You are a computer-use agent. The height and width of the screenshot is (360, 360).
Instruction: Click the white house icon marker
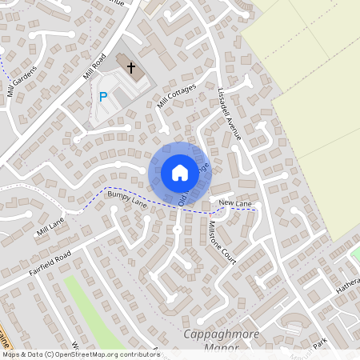coord(180,172)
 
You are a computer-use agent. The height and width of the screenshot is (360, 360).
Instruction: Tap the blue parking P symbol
coord(102,97)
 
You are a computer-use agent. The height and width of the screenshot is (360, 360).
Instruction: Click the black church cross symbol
coord(131,69)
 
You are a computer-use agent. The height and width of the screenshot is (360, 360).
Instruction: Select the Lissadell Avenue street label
coord(230,114)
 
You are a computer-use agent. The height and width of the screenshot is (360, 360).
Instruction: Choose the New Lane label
coord(235,205)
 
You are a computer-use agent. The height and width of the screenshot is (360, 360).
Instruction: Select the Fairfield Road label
coord(52,260)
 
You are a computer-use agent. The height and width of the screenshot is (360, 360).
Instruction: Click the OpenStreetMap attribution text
coord(80,354)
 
